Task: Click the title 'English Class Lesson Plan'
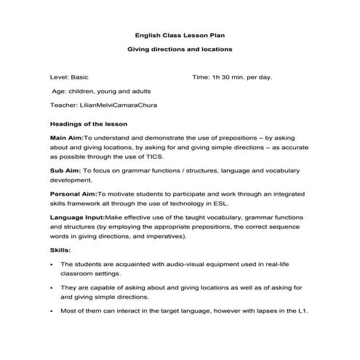[x=180, y=35]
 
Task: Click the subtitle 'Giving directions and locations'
[x=180, y=49]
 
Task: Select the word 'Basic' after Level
[x=80, y=76]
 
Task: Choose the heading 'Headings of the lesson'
[x=85, y=124]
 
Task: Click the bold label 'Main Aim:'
[x=66, y=137]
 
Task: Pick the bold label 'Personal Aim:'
[x=73, y=193]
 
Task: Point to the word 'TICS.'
[x=154, y=156]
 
